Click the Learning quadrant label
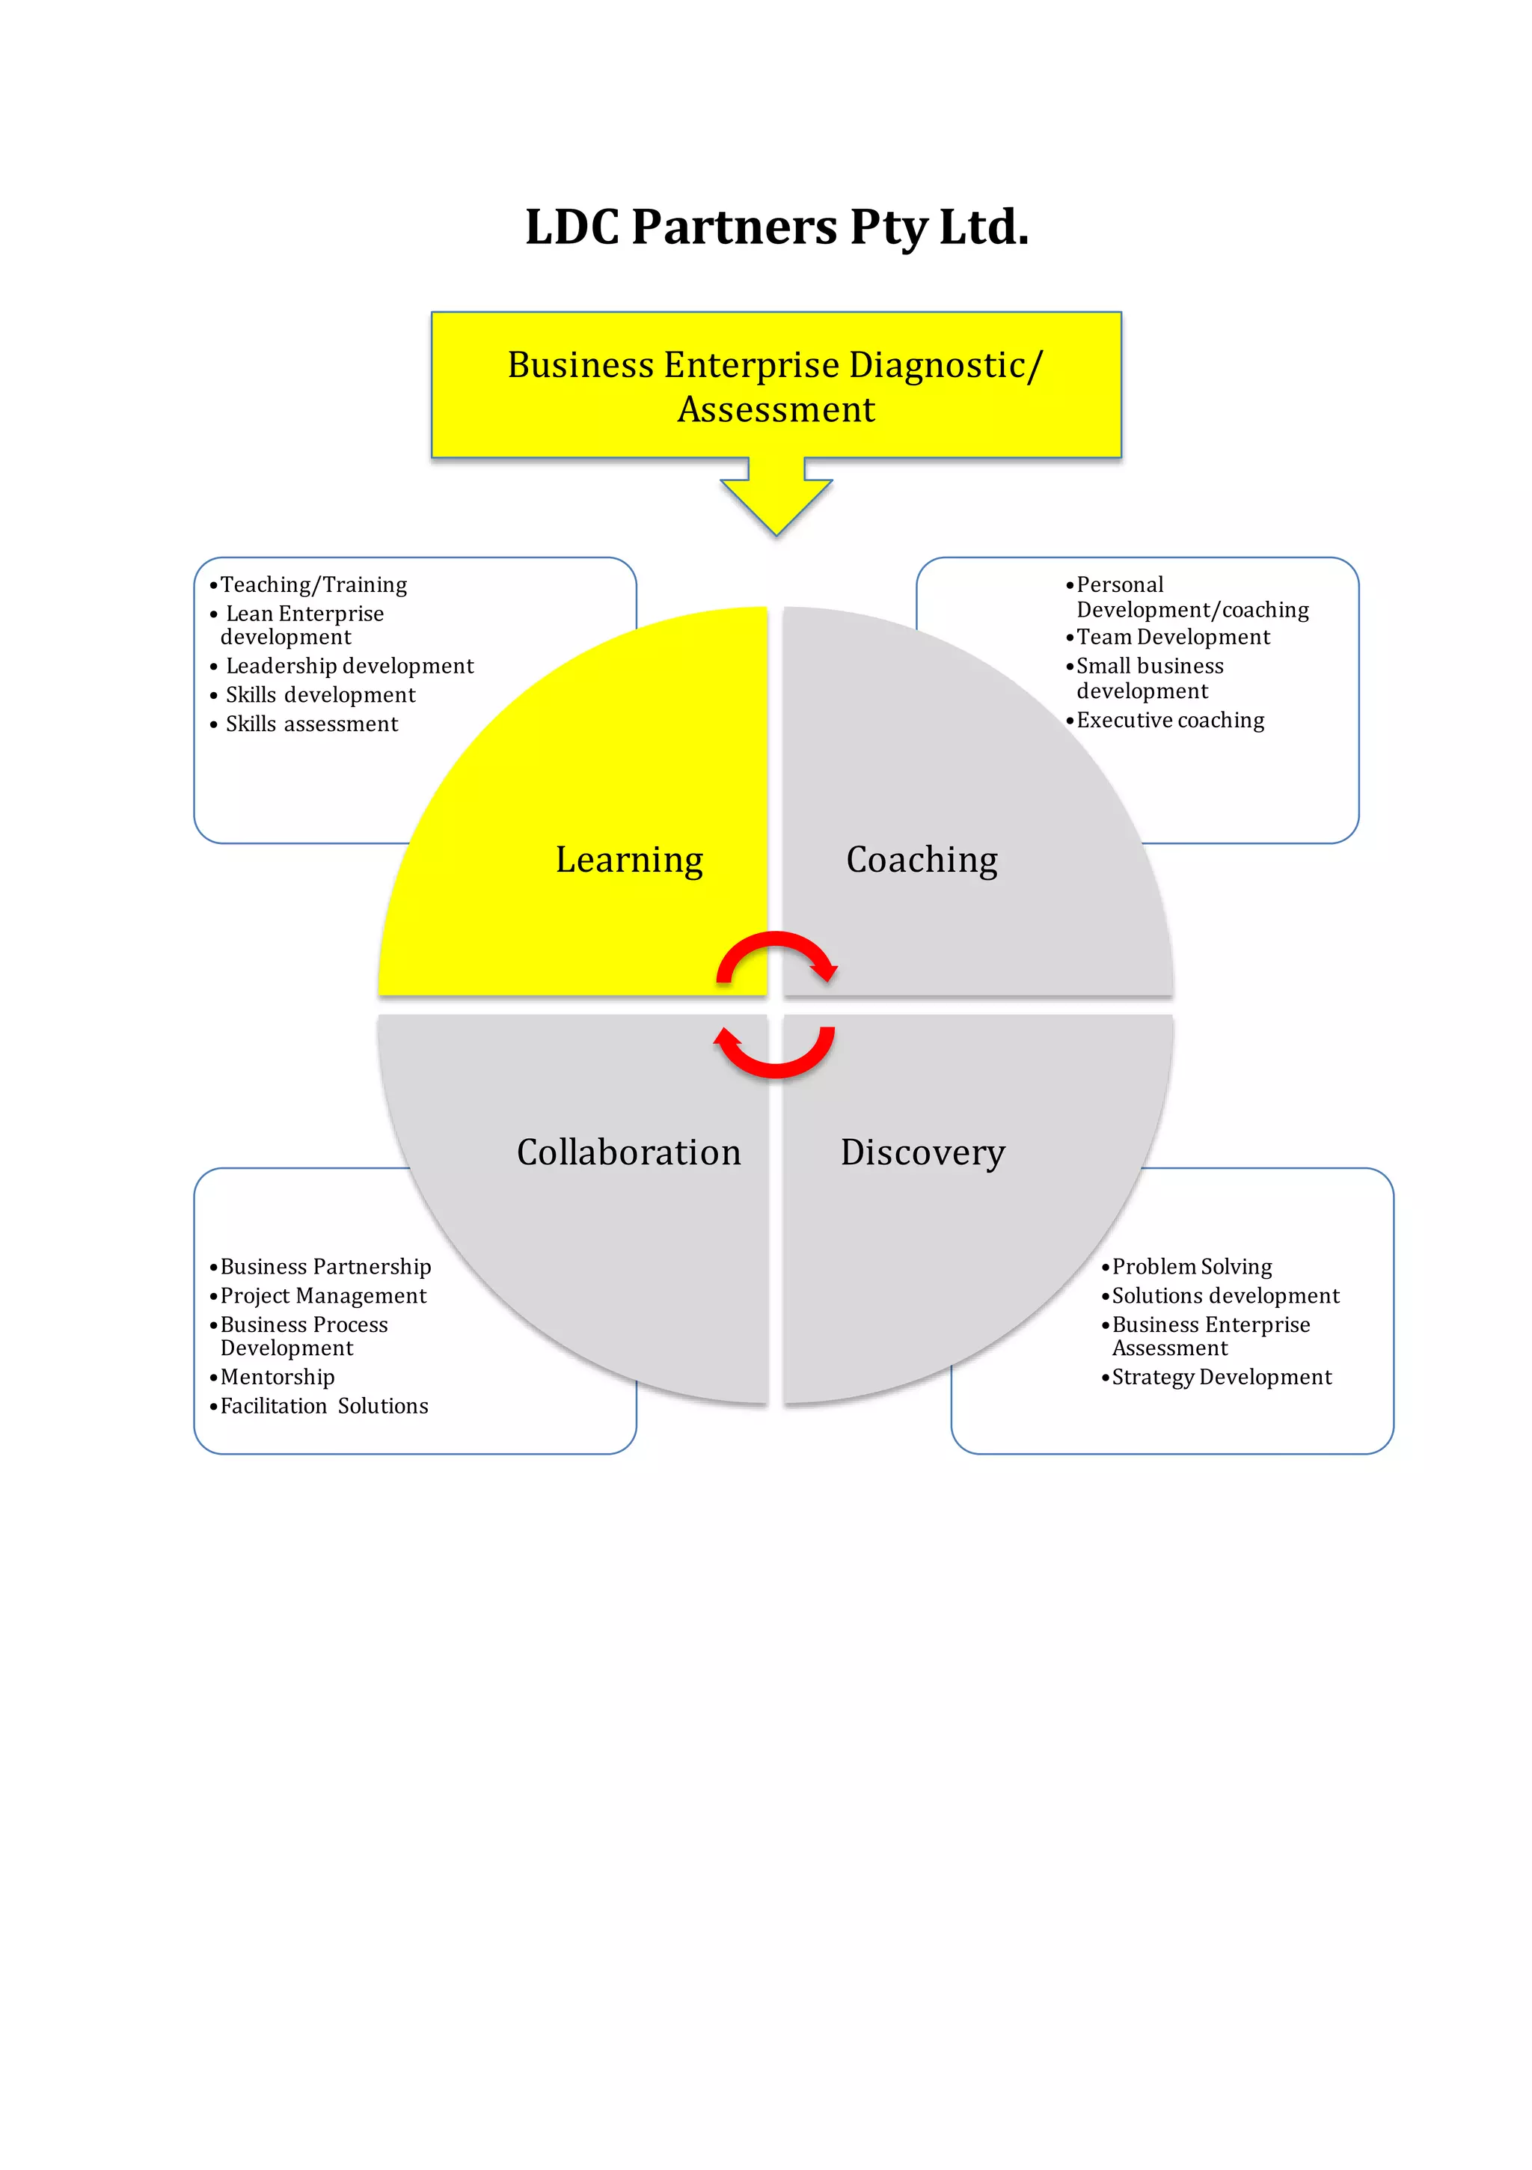point(628,859)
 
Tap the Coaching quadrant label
point(922,859)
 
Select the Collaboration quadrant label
point(628,1152)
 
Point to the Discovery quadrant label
point(922,1152)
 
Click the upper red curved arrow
point(776,955)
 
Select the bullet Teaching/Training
point(313,585)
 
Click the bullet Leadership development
point(349,666)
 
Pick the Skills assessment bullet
point(311,724)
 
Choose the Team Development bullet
point(1173,637)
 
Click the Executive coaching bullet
point(1170,720)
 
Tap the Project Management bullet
point(323,1296)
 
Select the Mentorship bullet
point(277,1377)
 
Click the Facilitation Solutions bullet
point(324,1406)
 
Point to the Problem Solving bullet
point(1192,1267)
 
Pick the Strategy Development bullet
point(1221,1377)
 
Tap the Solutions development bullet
point(1225,1296)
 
